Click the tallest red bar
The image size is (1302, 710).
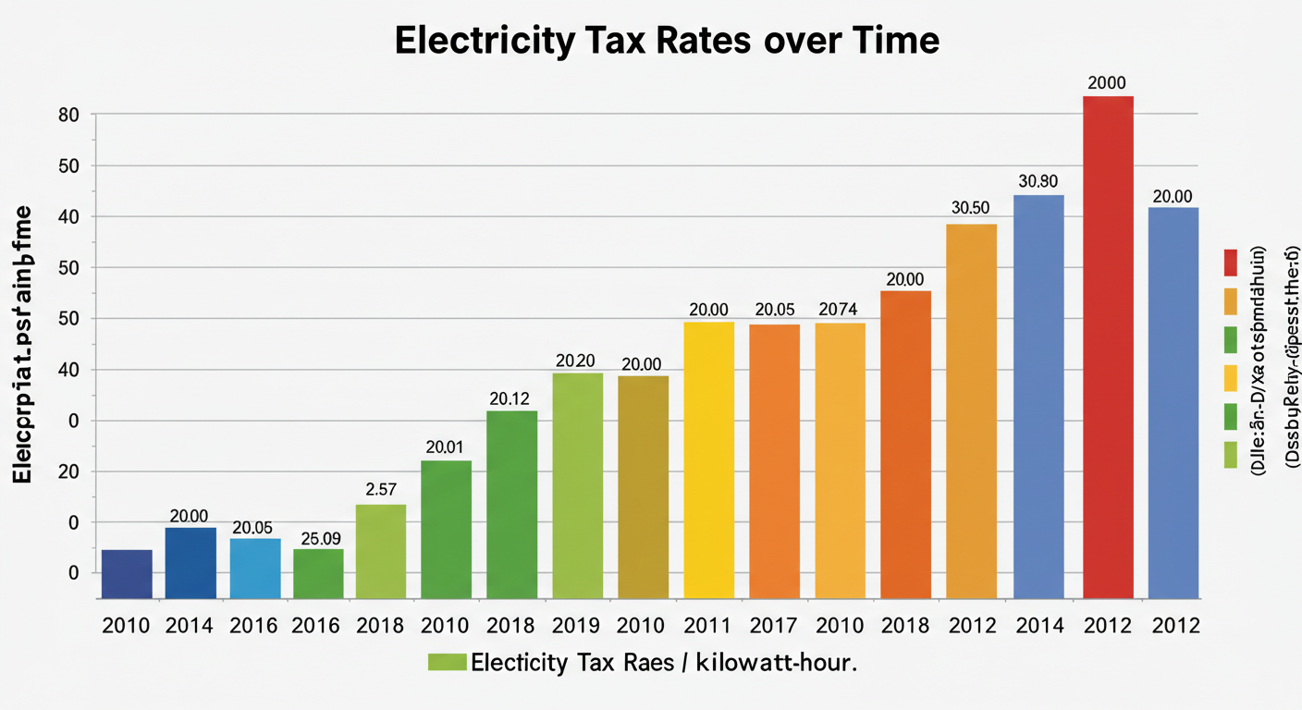[x=1108, y=347]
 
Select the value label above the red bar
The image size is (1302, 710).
[x=1108, y=82]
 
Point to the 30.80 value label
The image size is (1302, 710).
[x=1038, y=181]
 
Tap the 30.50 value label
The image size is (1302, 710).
[x=971, y=208]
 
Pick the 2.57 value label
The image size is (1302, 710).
[x=381, y=489]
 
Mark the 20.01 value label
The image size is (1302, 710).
[x=444, y=447]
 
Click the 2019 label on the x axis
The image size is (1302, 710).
[x=577, y=626]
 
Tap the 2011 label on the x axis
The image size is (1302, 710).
[x=708, y=626]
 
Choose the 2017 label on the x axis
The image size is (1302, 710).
[x=774, y=626]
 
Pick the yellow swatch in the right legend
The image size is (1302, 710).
[x=1230, y=377]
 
